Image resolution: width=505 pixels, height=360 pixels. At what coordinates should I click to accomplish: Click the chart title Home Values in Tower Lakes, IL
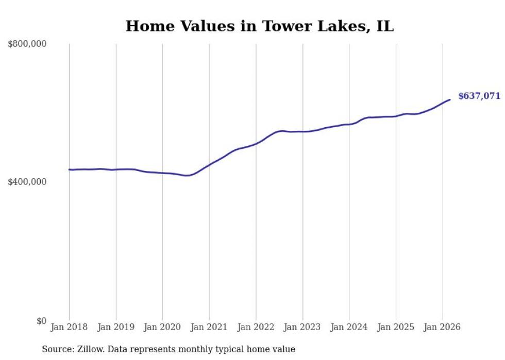pyautogui.click(x=260, y=26)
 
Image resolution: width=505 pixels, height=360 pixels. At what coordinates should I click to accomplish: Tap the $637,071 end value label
pyautogui.click(x=479, y=96)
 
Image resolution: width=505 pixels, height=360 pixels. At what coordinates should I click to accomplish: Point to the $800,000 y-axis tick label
pyautogui.click(x=27, y=44)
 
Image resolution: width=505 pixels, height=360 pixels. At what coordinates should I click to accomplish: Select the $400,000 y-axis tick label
pyautogui.click(x=27, y=182)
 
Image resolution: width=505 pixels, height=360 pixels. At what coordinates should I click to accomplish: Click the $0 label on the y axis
pyautogui.click(x=41, y=321)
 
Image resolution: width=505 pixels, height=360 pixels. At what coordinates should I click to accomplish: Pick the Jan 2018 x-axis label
pyautogui.click(x=69, y=327)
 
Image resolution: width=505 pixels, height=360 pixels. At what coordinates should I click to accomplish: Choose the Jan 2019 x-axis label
pyautogui.click(x=116, y=327)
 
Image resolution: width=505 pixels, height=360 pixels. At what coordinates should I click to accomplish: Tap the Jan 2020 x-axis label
pyautogui.click(x=162, y=327)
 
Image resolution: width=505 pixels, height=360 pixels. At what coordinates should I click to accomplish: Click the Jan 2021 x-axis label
pyautogui.click(x=209, y=327)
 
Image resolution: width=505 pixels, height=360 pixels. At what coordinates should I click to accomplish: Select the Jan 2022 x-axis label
pyautogui.click(x=256, y=327)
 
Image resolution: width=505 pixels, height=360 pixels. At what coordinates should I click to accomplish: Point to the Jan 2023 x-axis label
pyautogui.click(x=302, y=327)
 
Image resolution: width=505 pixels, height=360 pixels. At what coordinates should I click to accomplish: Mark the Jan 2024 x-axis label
pyautogui.click(x=349, y=327)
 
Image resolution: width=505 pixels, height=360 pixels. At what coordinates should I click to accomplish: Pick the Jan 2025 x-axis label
pyautogui.click(x=396, y=327)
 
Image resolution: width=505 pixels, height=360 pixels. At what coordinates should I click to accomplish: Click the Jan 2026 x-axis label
pyautogui.click(x=442, y=327)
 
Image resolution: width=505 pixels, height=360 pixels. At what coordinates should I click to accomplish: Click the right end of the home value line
pyautogui.click(x=450, y=99)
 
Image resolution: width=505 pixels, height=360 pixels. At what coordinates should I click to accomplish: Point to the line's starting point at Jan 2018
pyautogui.click(x=69, y=169)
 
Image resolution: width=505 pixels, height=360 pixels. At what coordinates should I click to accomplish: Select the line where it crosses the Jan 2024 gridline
pyautogui.click(x=349, y=124)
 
